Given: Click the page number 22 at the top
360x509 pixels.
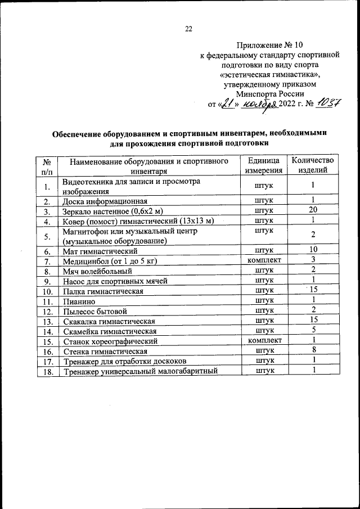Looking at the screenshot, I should point(189,29).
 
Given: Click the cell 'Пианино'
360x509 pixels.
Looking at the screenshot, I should point(77,301).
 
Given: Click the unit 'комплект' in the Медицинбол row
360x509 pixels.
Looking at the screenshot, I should point(264,260).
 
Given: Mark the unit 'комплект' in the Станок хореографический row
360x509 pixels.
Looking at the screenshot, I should point(264,340).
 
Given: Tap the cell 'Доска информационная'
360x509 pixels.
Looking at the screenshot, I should point(105,201).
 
